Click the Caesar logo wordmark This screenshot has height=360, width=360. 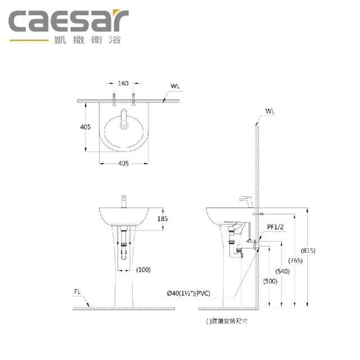point(69,20)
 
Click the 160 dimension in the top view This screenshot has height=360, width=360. point(123,83)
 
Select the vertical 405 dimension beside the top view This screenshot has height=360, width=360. point(85,127)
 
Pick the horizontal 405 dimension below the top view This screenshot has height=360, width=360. point(123,163)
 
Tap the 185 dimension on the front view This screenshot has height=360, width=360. point(163,219)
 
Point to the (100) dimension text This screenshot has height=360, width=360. point(143,269)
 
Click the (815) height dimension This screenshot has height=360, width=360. point(308,250)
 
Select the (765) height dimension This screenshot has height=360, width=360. point(295,260)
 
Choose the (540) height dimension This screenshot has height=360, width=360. point(282,271)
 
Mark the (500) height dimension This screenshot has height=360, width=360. point(270,281)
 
